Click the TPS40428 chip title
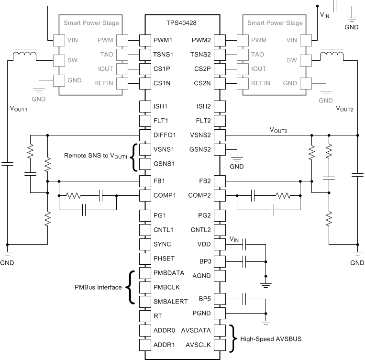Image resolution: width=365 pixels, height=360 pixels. [x=182, y=22]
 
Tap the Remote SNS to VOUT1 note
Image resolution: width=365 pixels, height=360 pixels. [x=96, y=156]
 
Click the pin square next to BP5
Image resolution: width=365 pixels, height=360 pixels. [x=219, y=300]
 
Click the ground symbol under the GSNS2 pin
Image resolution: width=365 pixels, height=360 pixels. [x=236, y=158]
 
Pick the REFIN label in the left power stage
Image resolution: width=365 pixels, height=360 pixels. [x=104, y=83]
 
